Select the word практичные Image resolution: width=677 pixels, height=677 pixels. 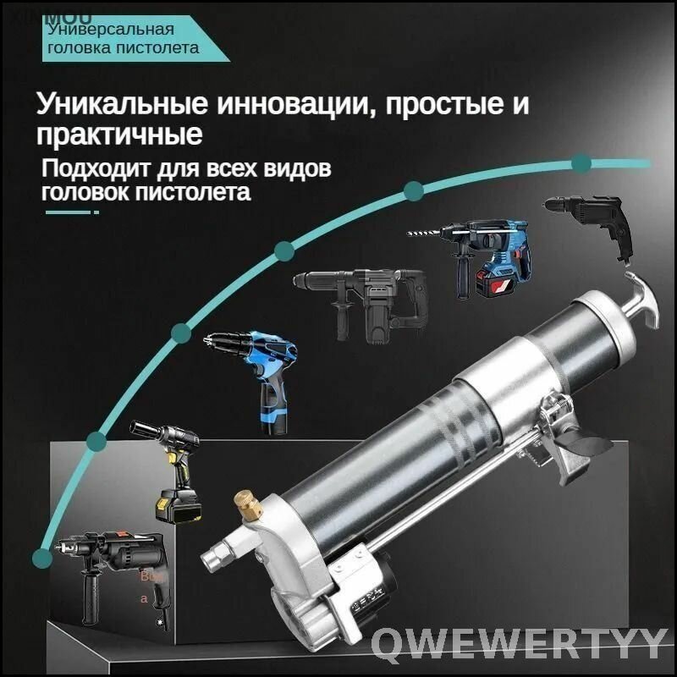click(119, 135)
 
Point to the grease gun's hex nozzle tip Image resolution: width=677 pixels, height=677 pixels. click(211, 560)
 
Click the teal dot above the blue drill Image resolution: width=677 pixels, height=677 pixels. click(180, 331)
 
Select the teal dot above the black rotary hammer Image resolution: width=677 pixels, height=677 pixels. click(283, 250)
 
